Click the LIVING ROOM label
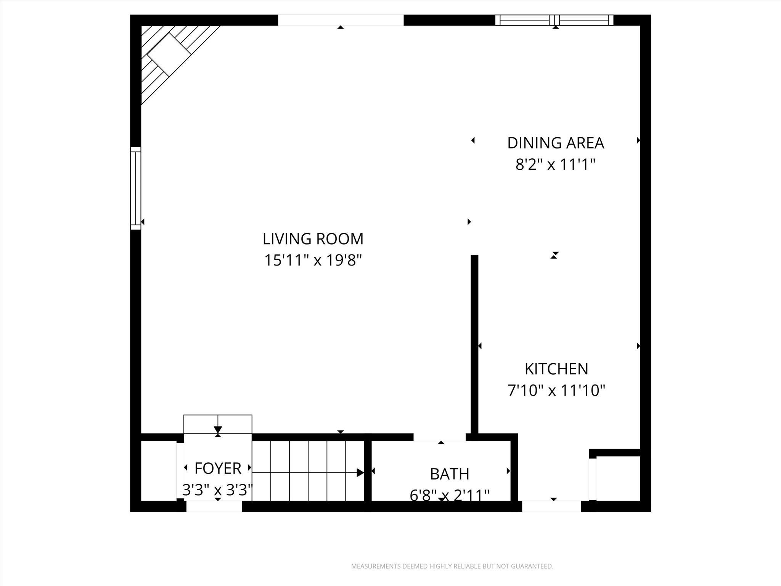coord(313,239)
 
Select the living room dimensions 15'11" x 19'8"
coord(313,261)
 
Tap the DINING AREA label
coord(555,143)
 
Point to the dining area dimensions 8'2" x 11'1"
coord(555,165)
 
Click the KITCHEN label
coord(556,369)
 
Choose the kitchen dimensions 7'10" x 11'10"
coord(556,391)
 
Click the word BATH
coord(450,474)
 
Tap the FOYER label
coord(218,468)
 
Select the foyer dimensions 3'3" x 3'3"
coord(218,490)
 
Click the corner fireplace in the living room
coord(168,53)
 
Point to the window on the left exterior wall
coord(136,188)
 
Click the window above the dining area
coord(554,20)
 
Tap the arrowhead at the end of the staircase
coord(360,473)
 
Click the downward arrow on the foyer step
coord(218,429)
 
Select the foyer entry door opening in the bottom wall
coord(214,506)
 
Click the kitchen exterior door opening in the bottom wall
coord(551,506)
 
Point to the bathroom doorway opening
coord(439,437)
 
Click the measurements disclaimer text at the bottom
coord(452,567)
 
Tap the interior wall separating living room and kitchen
coord(474,343)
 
